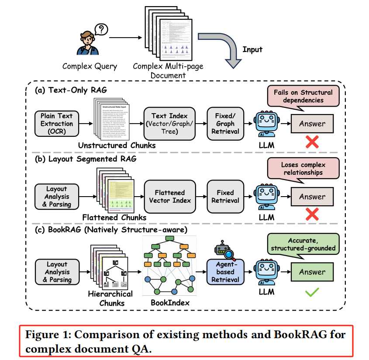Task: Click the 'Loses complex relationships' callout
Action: coord(303,168)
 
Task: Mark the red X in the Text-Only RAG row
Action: coord(312,142)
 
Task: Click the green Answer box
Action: coord(312,272)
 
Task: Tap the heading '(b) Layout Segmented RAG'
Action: coord(86,159)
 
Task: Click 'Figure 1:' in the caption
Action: coord(50,336)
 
